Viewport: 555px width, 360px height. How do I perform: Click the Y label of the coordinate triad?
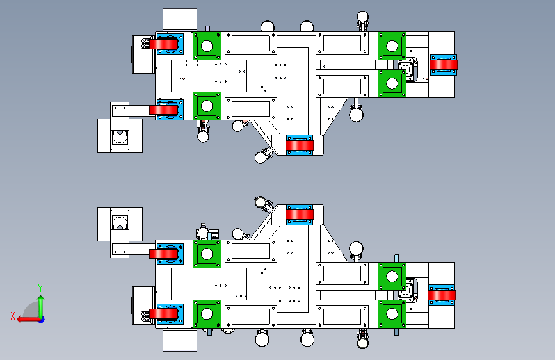pos(40,288)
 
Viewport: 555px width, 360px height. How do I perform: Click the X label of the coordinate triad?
pos(12,315)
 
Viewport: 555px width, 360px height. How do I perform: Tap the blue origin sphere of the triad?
pos(40,318)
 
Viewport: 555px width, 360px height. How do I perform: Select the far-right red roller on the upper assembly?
pos(443,64)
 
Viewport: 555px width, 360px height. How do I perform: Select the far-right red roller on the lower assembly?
pos(442,295)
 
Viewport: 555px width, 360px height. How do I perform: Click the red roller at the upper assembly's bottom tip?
pos(299,145)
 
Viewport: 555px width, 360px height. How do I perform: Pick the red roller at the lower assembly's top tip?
pos(299,215)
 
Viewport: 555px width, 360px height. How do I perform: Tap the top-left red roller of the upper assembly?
pos(165,44)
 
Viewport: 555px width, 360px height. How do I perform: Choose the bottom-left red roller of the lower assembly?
pos(165,315)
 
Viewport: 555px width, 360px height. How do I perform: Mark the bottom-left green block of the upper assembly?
pos(207,106)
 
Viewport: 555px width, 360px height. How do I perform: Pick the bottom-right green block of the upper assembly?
pos(390,83)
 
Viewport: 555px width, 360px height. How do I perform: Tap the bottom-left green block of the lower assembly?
pos(207,314)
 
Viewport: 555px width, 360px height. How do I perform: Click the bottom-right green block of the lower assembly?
pos(390,314)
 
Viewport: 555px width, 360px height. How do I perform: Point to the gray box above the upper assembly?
pos(179,19)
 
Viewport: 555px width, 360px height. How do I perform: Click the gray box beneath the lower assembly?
pos(179,340)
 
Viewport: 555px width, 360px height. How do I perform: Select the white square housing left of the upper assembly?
pos(119,135)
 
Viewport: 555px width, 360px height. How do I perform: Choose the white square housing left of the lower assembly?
pos(119,224)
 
